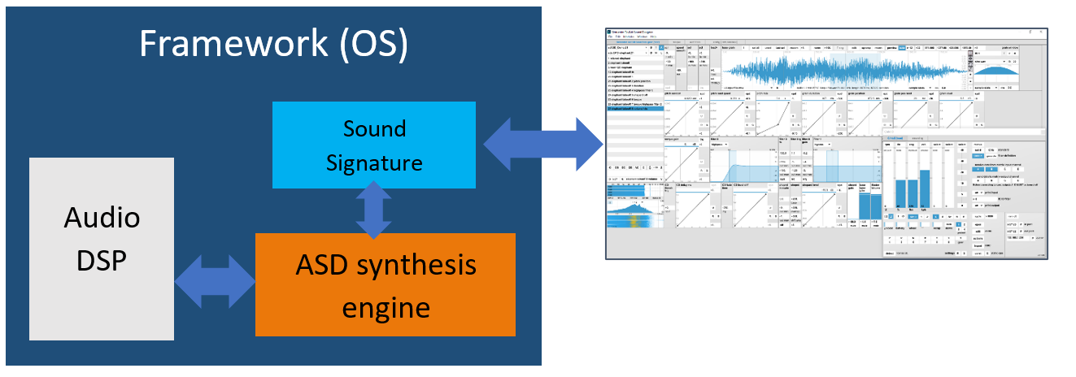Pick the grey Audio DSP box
pyautogui.click(x=102, y=248)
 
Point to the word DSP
pyautogui.click(x=102, y=264)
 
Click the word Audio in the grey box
pyautogui.click(x=102, y=218)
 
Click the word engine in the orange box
pyautogui.click(x=386, y=308)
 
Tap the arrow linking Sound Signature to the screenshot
pyautogui.click(x=540, y=144)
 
